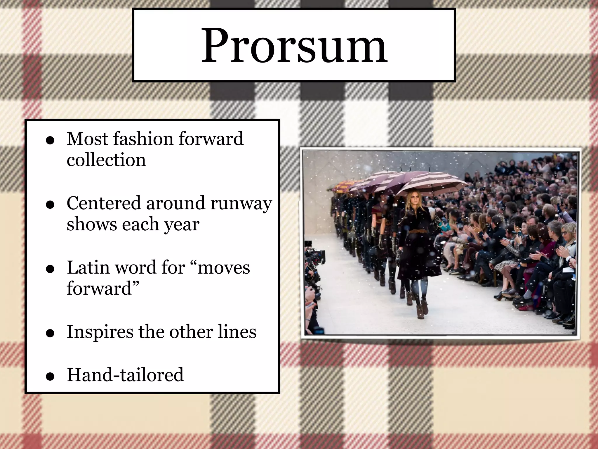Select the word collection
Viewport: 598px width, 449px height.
(106, 160)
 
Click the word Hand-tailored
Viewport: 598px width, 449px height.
(125, 375)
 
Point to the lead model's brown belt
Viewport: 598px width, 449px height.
(414, 232)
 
